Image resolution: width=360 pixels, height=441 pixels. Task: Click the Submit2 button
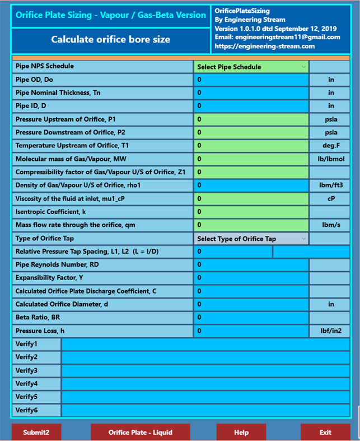[36, 432]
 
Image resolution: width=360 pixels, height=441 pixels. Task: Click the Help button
[241, 432]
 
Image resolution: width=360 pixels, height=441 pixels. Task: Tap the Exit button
[325, 432]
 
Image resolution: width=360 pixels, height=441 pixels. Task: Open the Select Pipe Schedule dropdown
[251, 67]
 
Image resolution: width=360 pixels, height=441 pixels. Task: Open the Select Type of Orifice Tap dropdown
[251, 239]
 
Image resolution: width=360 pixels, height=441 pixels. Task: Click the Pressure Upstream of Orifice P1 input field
[251, 119]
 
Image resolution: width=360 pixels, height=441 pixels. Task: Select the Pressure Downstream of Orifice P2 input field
[251, 133]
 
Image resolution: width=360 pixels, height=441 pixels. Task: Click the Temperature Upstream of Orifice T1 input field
[251, 146]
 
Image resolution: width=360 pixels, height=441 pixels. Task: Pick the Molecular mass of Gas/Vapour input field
[251, 159]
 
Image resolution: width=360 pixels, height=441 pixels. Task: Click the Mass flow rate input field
[251, 225]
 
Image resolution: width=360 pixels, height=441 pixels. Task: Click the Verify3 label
[26, 370]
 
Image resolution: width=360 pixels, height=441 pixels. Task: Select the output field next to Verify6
[205, 410]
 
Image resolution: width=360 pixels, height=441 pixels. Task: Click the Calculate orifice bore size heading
[111, 39]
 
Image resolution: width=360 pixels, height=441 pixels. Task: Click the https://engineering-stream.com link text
[265, 46]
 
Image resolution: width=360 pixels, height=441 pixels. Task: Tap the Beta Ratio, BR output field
[251, 318]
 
